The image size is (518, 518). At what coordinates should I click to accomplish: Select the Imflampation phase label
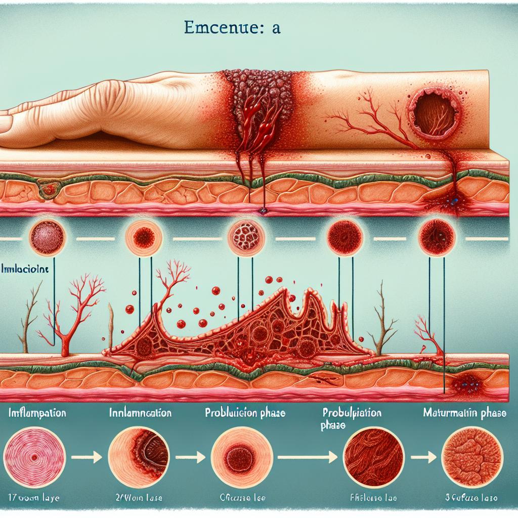[38, 413]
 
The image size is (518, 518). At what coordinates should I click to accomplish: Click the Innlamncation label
[140, 413]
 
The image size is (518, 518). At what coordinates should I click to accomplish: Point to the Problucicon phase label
[245, 413]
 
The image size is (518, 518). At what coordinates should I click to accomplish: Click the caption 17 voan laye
[34, 498]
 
